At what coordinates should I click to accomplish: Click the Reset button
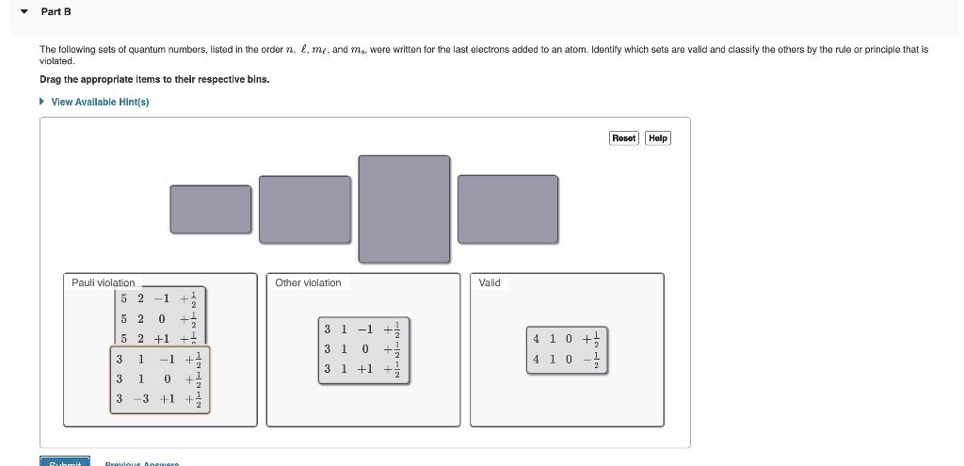point(624,137)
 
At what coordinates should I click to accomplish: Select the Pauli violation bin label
point(104,282)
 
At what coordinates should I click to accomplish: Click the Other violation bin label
point(308,282)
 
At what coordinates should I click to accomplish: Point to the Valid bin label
point(490,282)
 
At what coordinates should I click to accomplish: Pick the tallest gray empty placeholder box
point(404,208)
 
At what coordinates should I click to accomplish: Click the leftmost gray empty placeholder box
point(211,209)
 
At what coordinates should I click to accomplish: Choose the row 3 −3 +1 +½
point(159,399)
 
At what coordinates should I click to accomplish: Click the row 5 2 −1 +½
point(158,299)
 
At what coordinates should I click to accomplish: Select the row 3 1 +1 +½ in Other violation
point(363,369)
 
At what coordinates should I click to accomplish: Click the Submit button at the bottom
point(64,462)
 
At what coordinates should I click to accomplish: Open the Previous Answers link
point(141,463)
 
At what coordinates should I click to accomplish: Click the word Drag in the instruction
point(50,79)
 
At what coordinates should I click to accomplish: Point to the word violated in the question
point(56,60)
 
